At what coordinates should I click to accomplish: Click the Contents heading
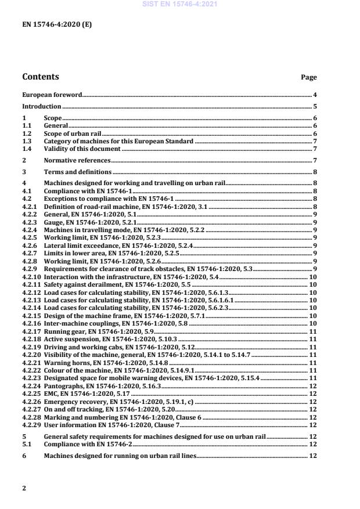click(x=40, y=77)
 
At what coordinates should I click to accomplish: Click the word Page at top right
click(x=308, y=77)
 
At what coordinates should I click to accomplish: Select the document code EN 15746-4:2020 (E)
click(x=56, y=24)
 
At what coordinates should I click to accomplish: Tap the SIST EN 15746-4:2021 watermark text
click(x=180, y=4)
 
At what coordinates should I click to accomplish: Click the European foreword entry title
click(x=52, y=94)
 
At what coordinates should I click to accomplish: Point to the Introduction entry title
click(x=41, y=107)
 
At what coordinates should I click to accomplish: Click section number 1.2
click(x=27, y=133)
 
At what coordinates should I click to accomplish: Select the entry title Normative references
click(x=77, y=160)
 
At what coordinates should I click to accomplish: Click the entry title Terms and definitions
click(x=78, y=172)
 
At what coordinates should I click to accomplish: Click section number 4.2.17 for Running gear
click(x=31, y=331)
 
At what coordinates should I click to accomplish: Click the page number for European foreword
click(x=314, y=94)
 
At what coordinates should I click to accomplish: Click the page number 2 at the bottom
click(x=24, y=488)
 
